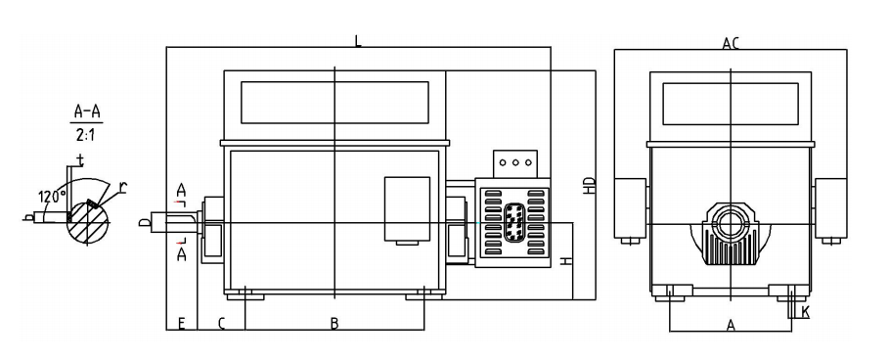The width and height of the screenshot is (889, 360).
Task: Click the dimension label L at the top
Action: tap(358, 41)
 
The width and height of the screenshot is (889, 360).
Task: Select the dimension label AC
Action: tap(731, 43)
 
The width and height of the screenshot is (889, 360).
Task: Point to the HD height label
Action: tap(590, 186)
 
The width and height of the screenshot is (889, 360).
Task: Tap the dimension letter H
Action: tap(565, 261)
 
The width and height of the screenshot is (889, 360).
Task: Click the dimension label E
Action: tap(182, 324)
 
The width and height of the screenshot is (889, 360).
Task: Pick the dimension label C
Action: tap(222, 324)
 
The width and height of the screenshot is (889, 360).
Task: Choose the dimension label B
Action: tap(334, 324)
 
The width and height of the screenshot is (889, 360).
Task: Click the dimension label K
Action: tap(806, 311)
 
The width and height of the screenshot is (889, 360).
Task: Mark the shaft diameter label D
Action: tap(144, 223)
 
